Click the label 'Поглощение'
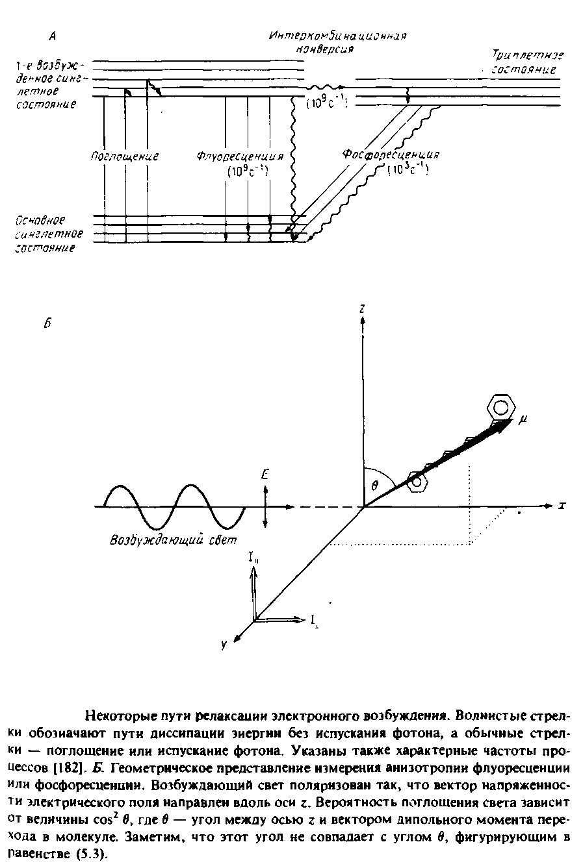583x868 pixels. (x=125, y=156)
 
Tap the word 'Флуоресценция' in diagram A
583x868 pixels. (x=240, y=157)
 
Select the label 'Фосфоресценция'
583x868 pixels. (x=391, y=155)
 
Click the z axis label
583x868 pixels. (x=361, y=310)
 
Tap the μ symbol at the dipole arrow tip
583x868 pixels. (x=523, y=421)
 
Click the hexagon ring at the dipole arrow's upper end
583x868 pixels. (x=500, y=406)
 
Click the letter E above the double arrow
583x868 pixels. (x=265, y=476)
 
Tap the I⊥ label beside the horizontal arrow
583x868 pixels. (x=313, y=623)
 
